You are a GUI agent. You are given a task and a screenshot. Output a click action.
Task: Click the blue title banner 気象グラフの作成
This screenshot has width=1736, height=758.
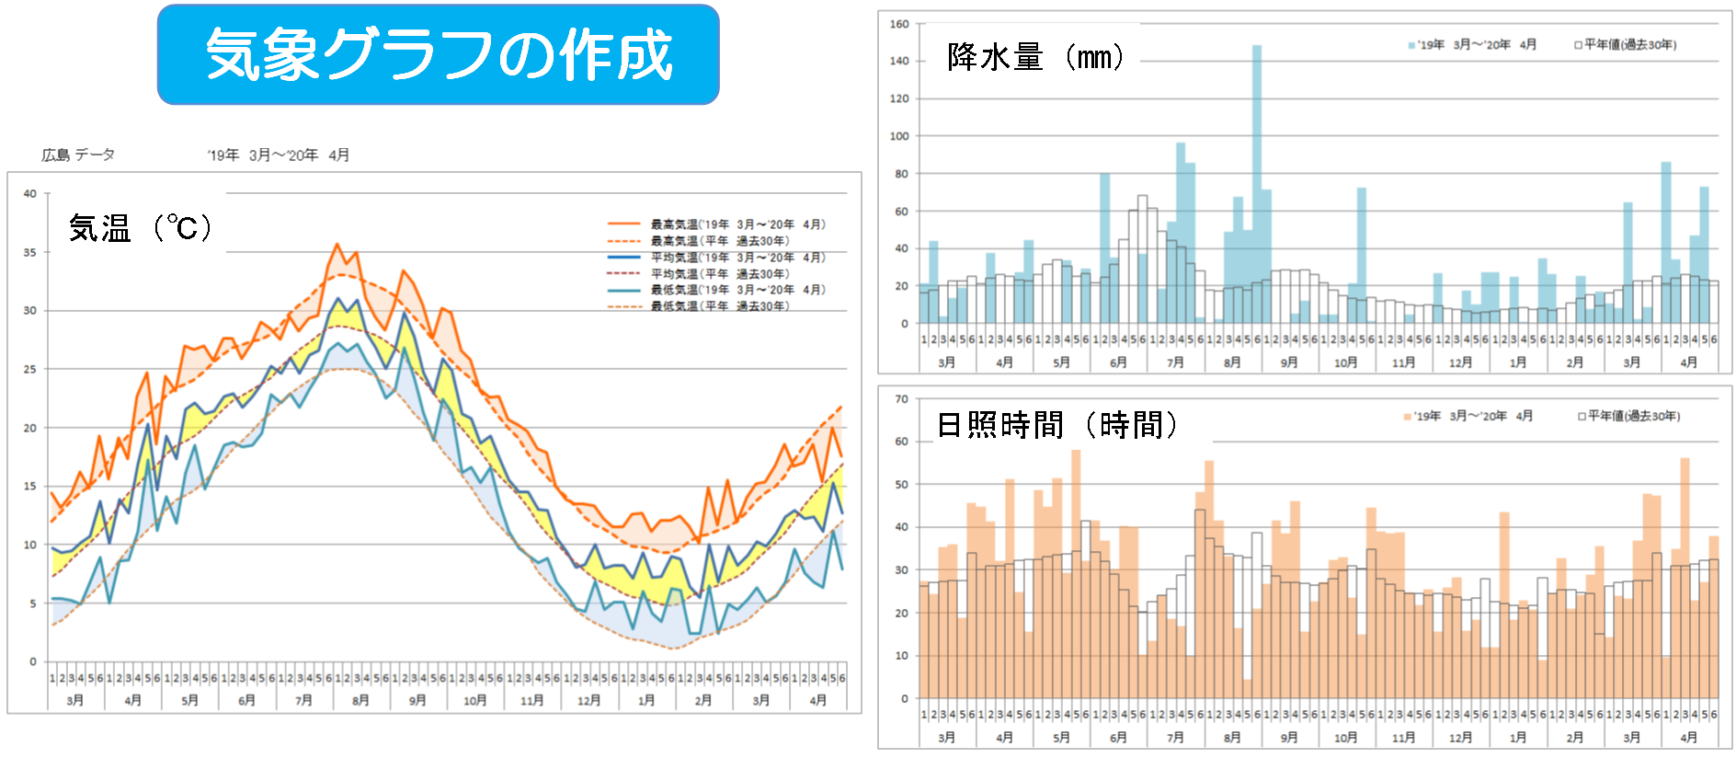coord(438,54)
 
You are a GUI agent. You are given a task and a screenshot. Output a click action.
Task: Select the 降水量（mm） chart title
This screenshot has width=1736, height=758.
coord(1035,57)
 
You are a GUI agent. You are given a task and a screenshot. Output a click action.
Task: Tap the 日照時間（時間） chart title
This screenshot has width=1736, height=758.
coord(1057,425)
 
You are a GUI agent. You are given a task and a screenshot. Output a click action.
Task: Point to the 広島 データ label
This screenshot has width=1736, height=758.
coord(78,155)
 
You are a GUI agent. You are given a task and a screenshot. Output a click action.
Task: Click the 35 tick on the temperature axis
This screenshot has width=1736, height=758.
coord(30,252)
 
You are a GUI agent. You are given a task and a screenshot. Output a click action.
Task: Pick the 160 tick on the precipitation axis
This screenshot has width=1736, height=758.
coord(899,24)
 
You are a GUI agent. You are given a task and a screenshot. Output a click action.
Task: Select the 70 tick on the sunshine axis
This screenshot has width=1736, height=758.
coord(902,399)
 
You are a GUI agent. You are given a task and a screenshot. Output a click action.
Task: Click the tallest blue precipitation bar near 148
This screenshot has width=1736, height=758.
coord(1256,184)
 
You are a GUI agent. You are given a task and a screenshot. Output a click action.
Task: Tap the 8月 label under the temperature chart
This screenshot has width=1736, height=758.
coord(360,701)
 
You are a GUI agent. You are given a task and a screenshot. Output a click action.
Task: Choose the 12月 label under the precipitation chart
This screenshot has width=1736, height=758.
coord(1460,363)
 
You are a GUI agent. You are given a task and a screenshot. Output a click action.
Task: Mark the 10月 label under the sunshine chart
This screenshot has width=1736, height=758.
coord(1345,738)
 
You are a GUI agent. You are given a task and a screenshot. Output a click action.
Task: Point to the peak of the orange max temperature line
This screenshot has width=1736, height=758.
coord(337,245)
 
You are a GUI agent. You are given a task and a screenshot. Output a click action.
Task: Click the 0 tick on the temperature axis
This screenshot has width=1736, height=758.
coord(33,661)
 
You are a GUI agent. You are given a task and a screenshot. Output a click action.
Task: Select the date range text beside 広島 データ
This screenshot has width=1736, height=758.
coord(278,155)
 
